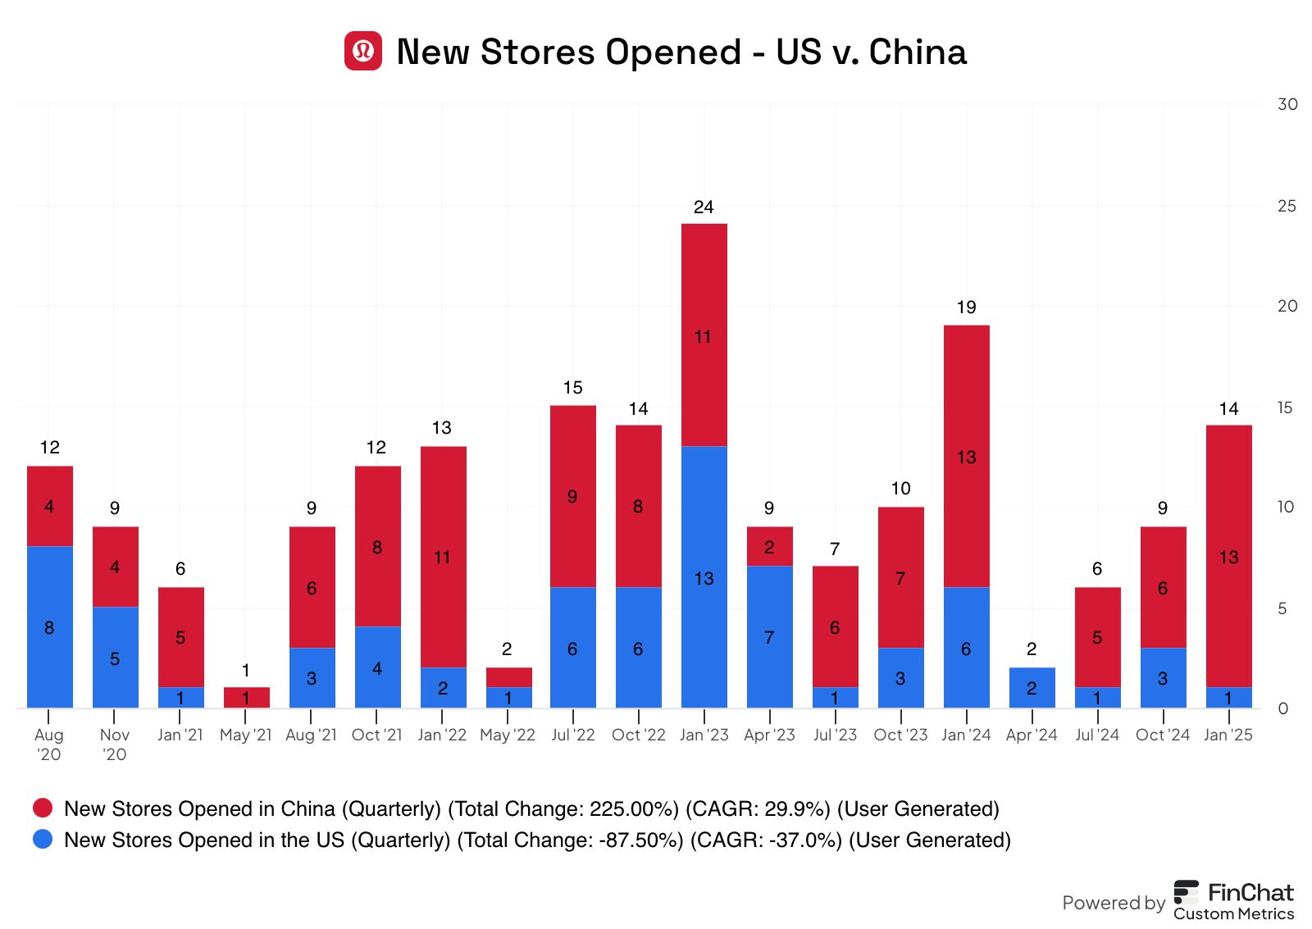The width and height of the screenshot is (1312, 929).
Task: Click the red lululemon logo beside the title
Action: pyautogui.click(x=362, y=51)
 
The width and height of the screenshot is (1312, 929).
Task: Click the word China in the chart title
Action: pyautogui.click(x=918, y=52)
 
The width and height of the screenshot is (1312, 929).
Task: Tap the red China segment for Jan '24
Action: pyautogui.click(x=966, y=456)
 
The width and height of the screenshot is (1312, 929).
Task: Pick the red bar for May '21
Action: pyautogui.click(x=246, y=697)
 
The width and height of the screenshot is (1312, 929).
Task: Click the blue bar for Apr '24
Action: pyautogui.click(x=1032, y=687)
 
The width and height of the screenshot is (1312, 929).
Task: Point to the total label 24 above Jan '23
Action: pyautogui.click(x=704, y=207)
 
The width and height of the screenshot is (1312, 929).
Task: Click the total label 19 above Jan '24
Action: pyautogui.click(x=966, y=307)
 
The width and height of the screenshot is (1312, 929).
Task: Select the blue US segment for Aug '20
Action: pyautogui.click(x=49, y=626)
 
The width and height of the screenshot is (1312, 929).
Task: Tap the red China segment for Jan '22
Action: pyautogui.click(x=443, y=557)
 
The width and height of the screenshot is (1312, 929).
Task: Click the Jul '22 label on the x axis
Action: pyautogui.click(x=572, y=735)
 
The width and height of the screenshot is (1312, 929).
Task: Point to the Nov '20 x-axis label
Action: pyautogui.click(x=114, y=745)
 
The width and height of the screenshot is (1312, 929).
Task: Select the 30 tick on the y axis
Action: pyautogui.click(x=1287, y=104)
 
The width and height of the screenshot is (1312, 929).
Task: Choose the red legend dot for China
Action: pyautogui.click(x=43, y=808)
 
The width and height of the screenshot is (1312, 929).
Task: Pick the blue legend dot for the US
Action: pyautogui.click(x=43, y=840)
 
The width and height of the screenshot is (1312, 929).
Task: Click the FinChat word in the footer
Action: pyautogui.click(x=1250, y=892)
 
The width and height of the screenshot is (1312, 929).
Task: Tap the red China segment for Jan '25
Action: pyautogui.click(x=1228, y=556)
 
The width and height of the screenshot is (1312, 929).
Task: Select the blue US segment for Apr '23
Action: pyautogui.click(x=769, y=636)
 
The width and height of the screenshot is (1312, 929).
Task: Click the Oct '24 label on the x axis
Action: pyautogui.click(x=1162, y=735)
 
